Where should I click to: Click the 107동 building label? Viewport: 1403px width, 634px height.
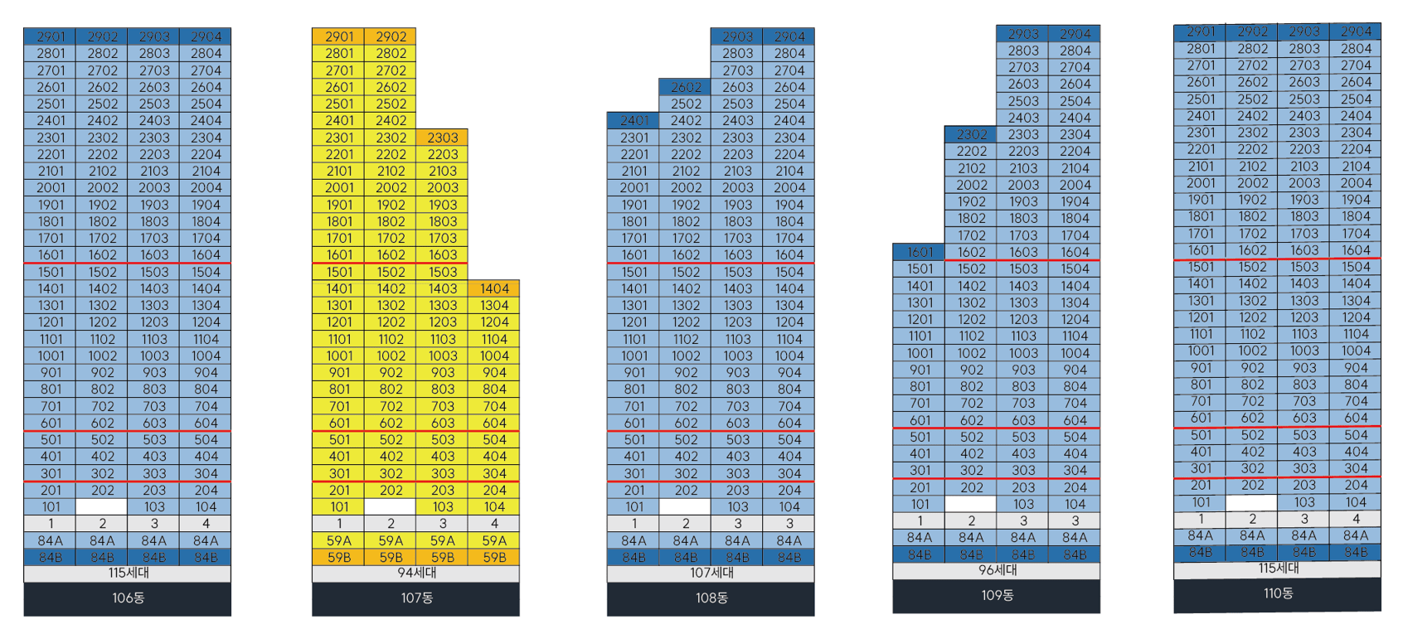click(x=415, y=598)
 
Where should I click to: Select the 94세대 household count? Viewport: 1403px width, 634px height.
click(x=415, y=574)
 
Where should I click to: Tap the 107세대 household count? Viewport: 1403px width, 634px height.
click(x=711, y=574)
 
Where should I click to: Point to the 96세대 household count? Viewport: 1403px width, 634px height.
click(x=996, y=570)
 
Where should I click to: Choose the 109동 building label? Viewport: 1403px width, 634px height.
click(x=996, y=596)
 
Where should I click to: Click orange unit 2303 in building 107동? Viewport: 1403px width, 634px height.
click(x=443, y=138)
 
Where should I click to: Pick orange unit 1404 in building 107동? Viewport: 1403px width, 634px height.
click(x=494, y=288)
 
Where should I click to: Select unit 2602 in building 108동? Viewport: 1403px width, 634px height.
click(x=686, y=87)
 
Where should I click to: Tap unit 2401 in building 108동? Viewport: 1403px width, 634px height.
click(x=634, y=120)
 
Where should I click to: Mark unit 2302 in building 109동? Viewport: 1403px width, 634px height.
click(x=971, y=134)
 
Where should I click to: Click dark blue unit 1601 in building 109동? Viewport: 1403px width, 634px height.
click(x=920, y=252)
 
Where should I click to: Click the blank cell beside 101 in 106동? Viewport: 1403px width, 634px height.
click(x=102, y=506)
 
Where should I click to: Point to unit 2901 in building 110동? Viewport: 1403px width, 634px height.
click(x=1200, y=31)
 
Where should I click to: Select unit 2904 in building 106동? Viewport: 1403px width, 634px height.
click(x=206, y=36)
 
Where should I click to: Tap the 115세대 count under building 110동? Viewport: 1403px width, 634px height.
click(x=1278, y=569)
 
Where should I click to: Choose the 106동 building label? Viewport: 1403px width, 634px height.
click(x=128, y=598)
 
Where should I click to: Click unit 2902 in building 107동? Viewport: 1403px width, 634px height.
click(x=391, y=36)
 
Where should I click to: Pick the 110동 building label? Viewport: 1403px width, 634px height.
click(x=1278, y=594)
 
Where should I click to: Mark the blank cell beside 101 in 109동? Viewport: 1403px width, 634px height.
click(x=971, y=504)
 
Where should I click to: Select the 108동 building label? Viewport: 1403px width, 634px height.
click(x=711, y=598)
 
